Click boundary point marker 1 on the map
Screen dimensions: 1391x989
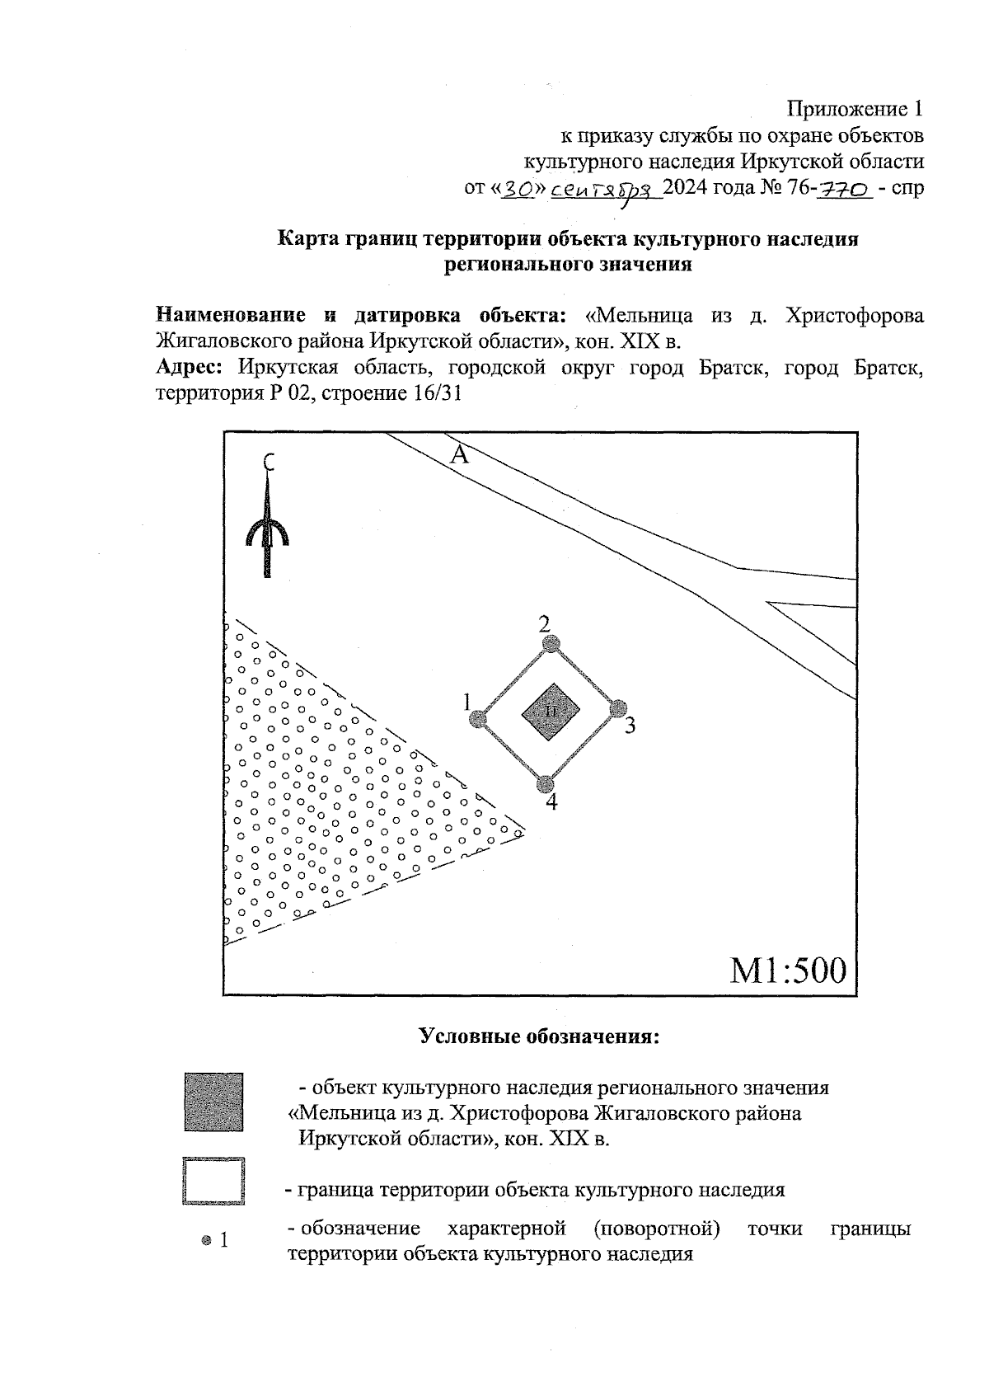[476, 719]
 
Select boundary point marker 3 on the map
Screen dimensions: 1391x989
[619, 708]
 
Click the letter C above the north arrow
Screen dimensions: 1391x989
[268, 462]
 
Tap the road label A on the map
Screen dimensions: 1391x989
[459, 454]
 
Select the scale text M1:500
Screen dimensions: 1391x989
[788, 970]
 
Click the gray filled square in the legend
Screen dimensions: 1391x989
[213, 1102]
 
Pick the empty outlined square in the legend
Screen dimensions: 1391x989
[213, 1182]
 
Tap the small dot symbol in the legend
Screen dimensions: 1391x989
[206, 1239]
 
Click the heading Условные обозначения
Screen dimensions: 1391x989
[540, 1036]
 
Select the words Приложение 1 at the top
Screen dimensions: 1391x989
[855, 109]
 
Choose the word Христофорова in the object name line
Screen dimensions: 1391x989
[855, 315]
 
